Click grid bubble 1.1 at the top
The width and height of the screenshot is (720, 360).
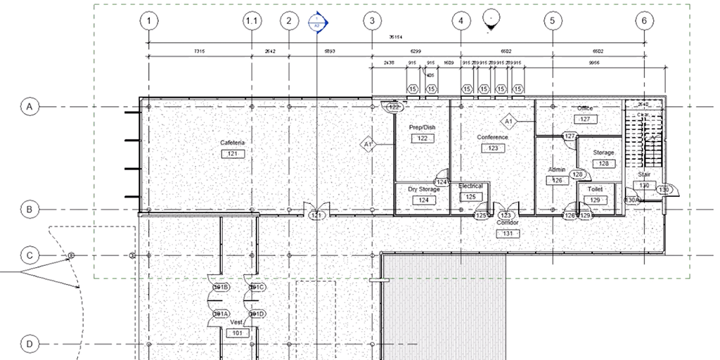pos(252,21)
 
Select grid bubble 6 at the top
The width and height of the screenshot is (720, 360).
pos(644,21)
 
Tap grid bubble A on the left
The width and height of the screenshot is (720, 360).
pos(30,107)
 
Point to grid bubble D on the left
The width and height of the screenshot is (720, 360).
pos(30,344)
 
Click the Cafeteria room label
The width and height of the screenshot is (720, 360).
pos(232,143)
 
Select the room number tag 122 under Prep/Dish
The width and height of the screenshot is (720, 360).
pos(423,139)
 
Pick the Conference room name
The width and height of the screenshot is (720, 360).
pos(492,137)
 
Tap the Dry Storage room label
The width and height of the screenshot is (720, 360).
pos(423,189)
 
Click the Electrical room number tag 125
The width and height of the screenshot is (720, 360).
pos(470,197)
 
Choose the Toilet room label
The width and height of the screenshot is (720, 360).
pos(595,190)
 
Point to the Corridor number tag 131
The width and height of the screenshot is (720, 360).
pos(507,233)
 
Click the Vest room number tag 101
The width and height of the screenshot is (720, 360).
pos(237,333)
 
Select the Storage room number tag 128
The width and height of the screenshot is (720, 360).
pos(603,164)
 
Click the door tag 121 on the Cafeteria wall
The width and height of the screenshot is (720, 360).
pos(316,215)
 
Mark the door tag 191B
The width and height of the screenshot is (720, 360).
pos(221,288)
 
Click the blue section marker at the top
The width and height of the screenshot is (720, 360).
pos(318,23)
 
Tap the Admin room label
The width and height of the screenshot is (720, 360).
pos(557,170)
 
